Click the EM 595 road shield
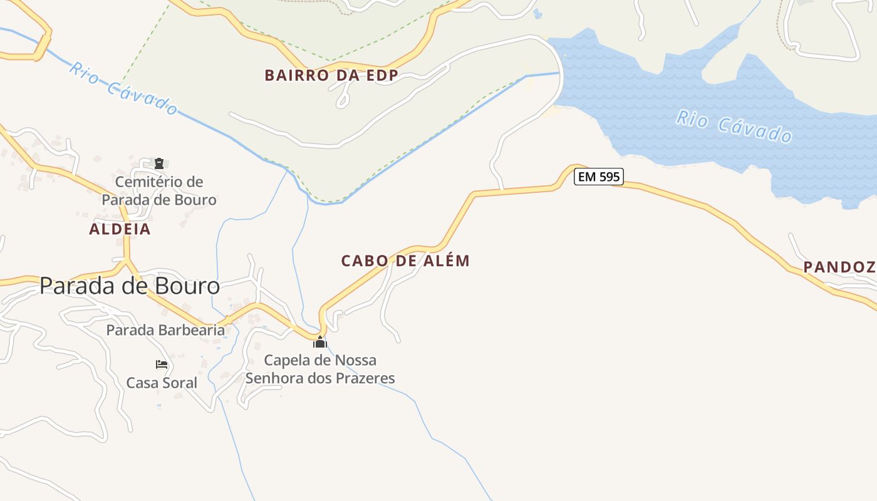pyautogui.click(x=599, y=177)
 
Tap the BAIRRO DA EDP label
pyautogui.click(x=331, y=76)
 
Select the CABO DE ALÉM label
pyautogui.click(x=405, y=261)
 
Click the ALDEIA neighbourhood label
pyautogui.click(x=120, y=229)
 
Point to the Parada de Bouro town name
pyautogui.click(x=130, y=286)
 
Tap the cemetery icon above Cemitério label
pyautogui.click(x=159, y=164)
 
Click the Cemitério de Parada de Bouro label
pyautogui.click(x=159, y=191)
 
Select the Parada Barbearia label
pyautogui.click(x=165, y=330)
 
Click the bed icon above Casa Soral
pyautogui.click(x=162, y=364)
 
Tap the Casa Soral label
pyautogui.click(x=162, y=383)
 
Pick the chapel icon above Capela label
pyautogui.click(x=320, y=342)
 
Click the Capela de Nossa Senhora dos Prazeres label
pyautogui.click(x=320, y=369)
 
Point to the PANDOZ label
pyautogui.click(x=839, y=267)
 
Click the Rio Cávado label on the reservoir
pyautogui.click(x=734, y=127)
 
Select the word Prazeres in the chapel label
pyautogui.click(x=364, y=378)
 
